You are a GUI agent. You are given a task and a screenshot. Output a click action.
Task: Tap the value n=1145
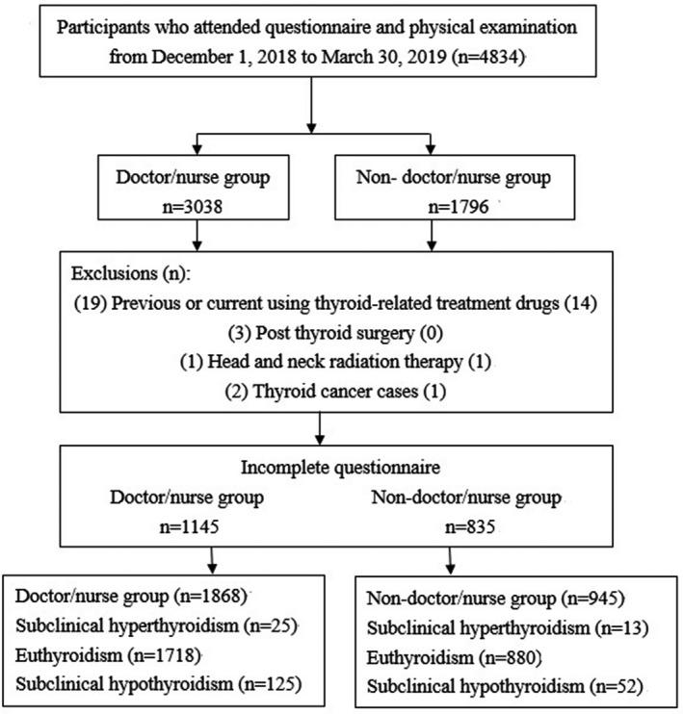[191, 528]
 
